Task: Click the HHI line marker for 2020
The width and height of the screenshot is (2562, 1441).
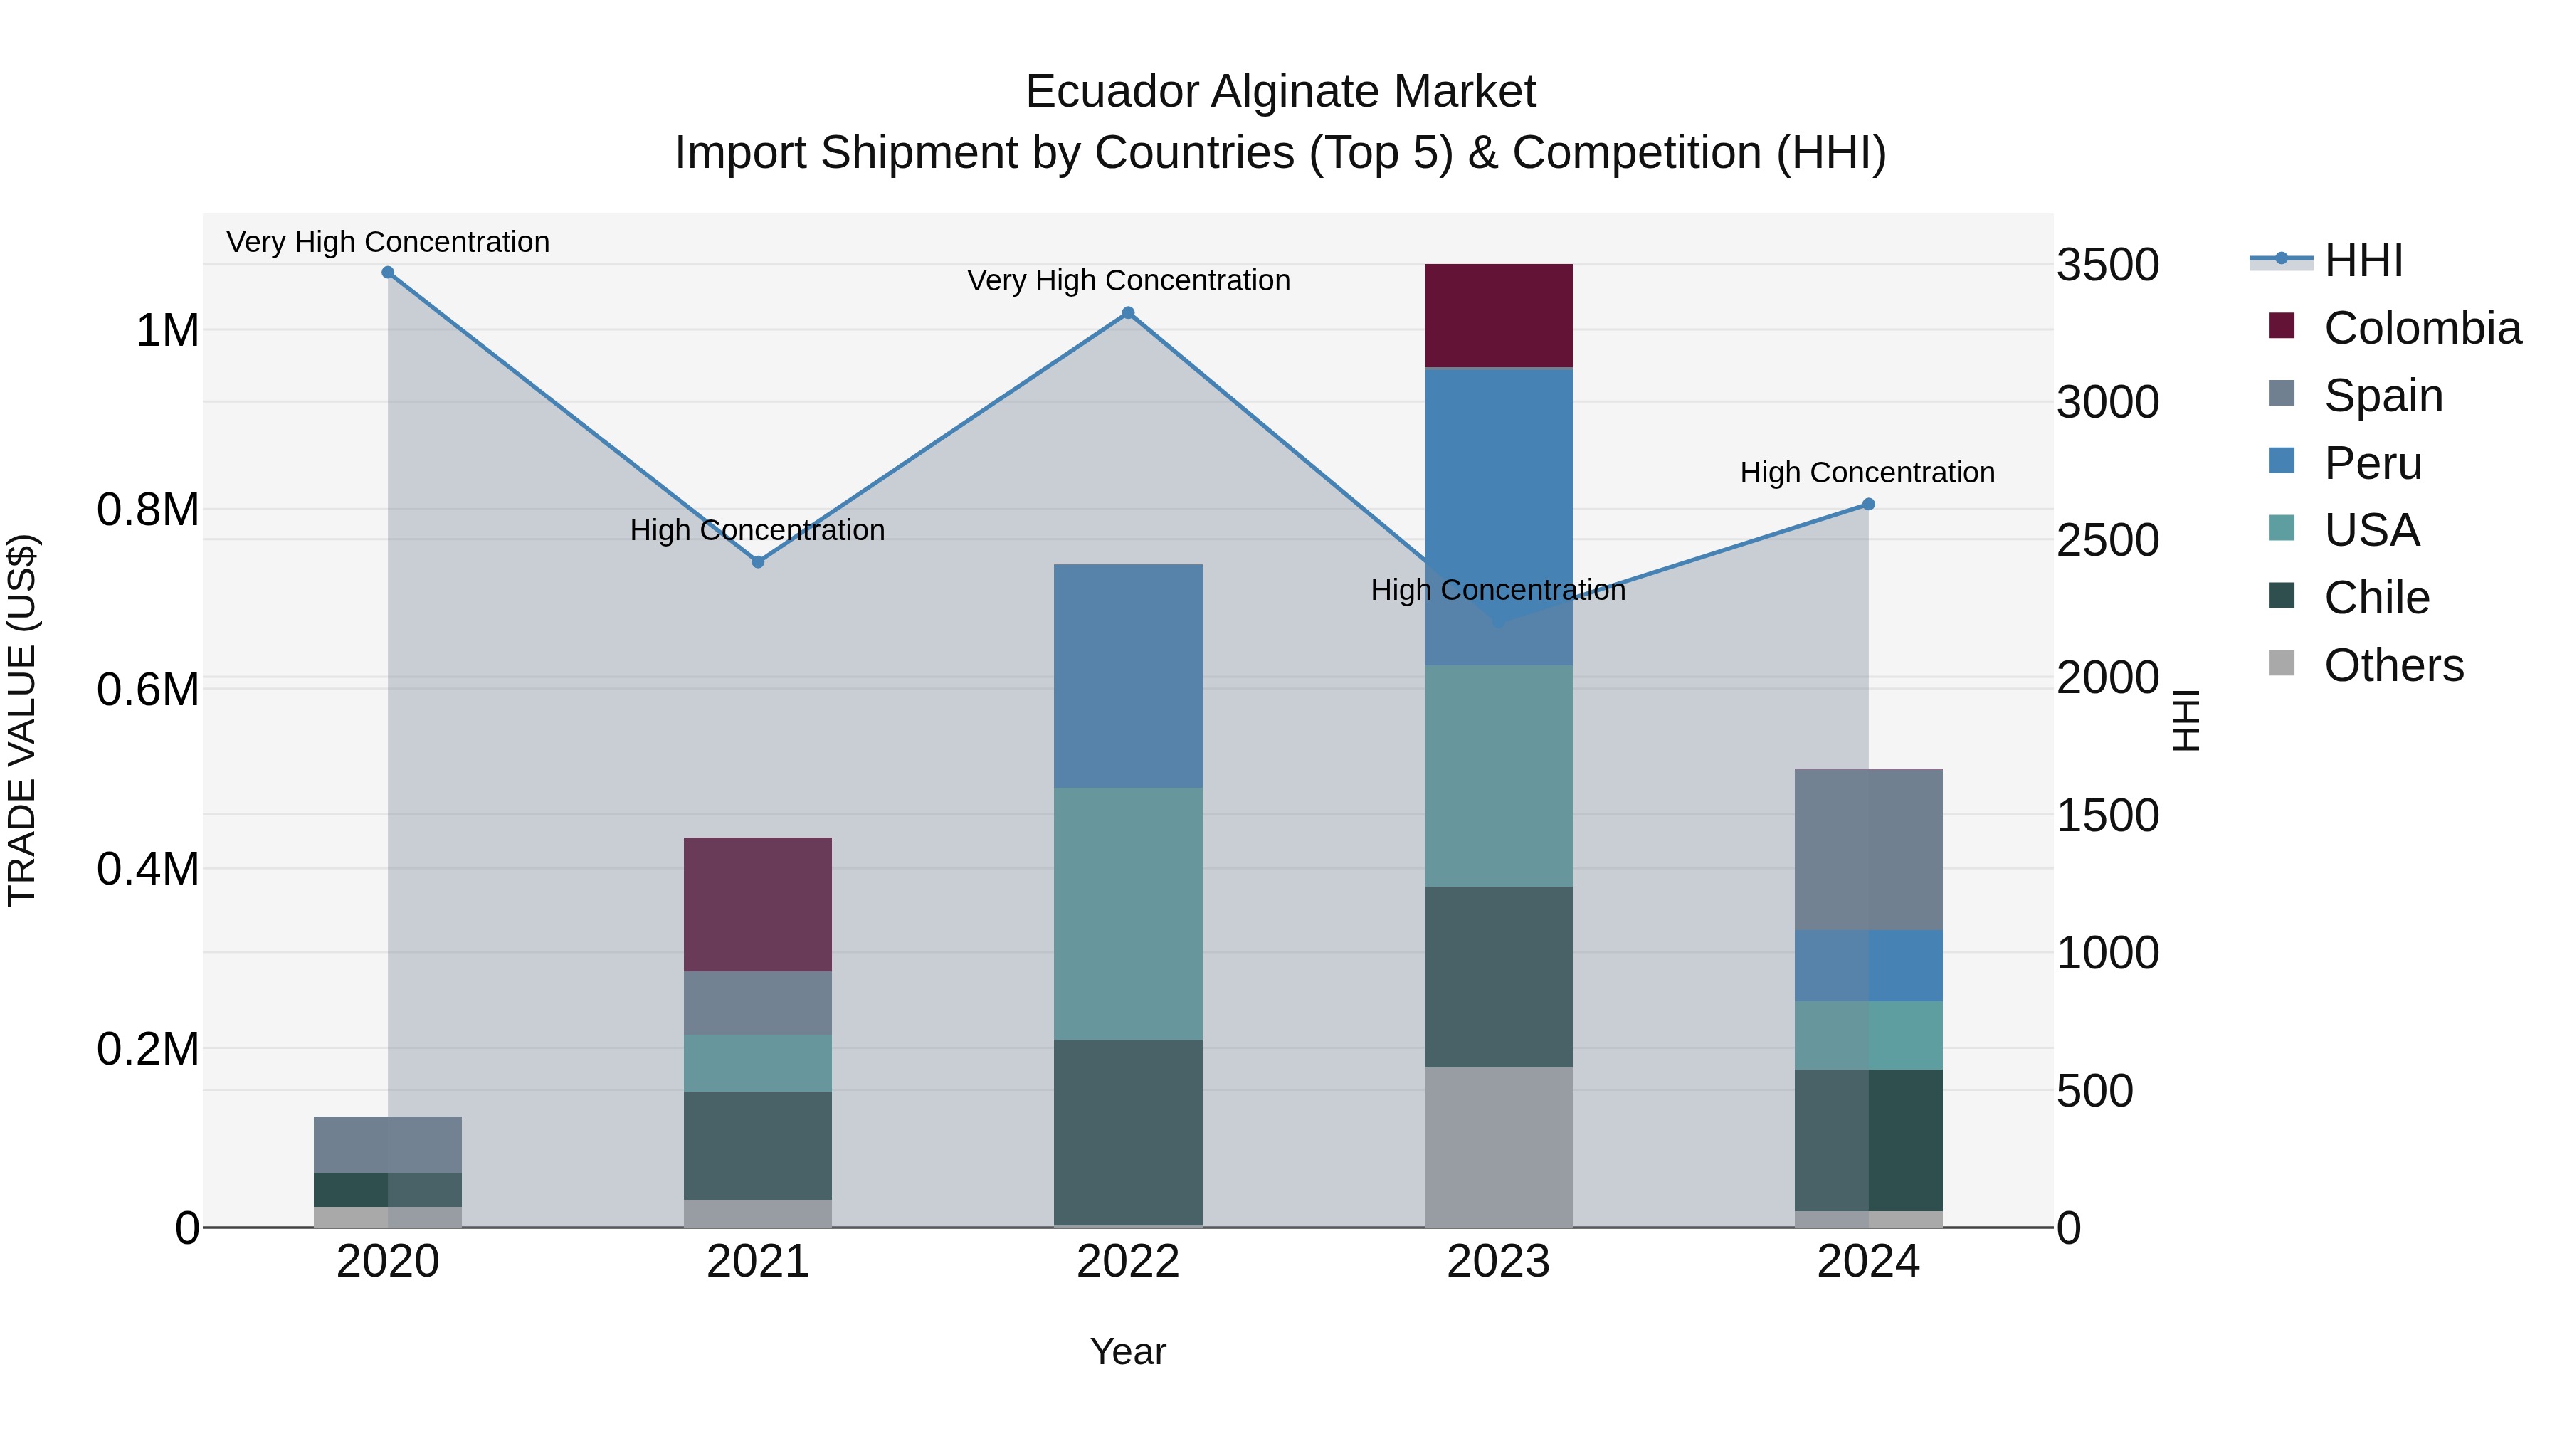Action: (x=388, y=273)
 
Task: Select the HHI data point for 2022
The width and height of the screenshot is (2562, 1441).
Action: (x=1128, y=313)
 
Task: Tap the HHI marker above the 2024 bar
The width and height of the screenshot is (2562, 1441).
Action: (x=1868, y=505)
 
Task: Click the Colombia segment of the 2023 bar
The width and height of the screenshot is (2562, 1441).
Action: (x=1498, y=315)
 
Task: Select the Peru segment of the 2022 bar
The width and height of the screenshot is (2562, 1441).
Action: (x=1128, y=676)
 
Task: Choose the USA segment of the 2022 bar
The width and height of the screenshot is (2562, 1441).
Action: (x=1128, y=913)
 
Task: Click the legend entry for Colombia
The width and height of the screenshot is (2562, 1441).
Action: (x=2422, y=328)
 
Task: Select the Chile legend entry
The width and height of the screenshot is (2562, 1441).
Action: (x=2376, y=598)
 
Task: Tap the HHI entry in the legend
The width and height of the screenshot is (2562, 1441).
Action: (x=2363, y=260)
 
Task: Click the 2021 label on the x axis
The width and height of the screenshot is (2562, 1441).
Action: (x=758, y=1262)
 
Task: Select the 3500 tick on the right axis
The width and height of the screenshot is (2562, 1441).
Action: (x=2107, y=265)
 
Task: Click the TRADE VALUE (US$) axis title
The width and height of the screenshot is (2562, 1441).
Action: (x=22, y=720)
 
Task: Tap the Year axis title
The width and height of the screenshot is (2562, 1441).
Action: (x=1128, y=1351)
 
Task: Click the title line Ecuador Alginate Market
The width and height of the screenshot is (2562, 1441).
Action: (x=1280, y=92)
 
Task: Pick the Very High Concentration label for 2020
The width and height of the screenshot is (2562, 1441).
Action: (x=388, y=242)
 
